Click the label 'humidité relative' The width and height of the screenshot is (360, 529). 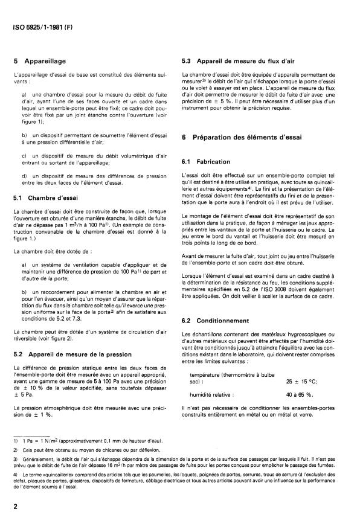(212, 377)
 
